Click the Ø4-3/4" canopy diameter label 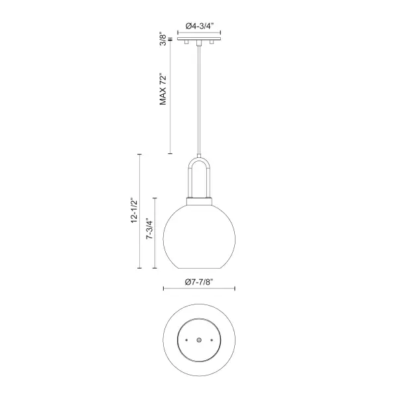click(198, 25)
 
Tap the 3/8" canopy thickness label click(163, 40)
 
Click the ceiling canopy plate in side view click(198, 39)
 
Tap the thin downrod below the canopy click(198, 99)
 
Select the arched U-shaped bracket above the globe click(198, 176)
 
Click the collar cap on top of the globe click(198, 200)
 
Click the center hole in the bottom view click(198, 340)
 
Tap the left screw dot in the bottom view click(186, 340)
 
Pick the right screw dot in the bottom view click(210, 340)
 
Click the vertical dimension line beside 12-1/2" click(139, 212)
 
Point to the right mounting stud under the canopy click(210, 43)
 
